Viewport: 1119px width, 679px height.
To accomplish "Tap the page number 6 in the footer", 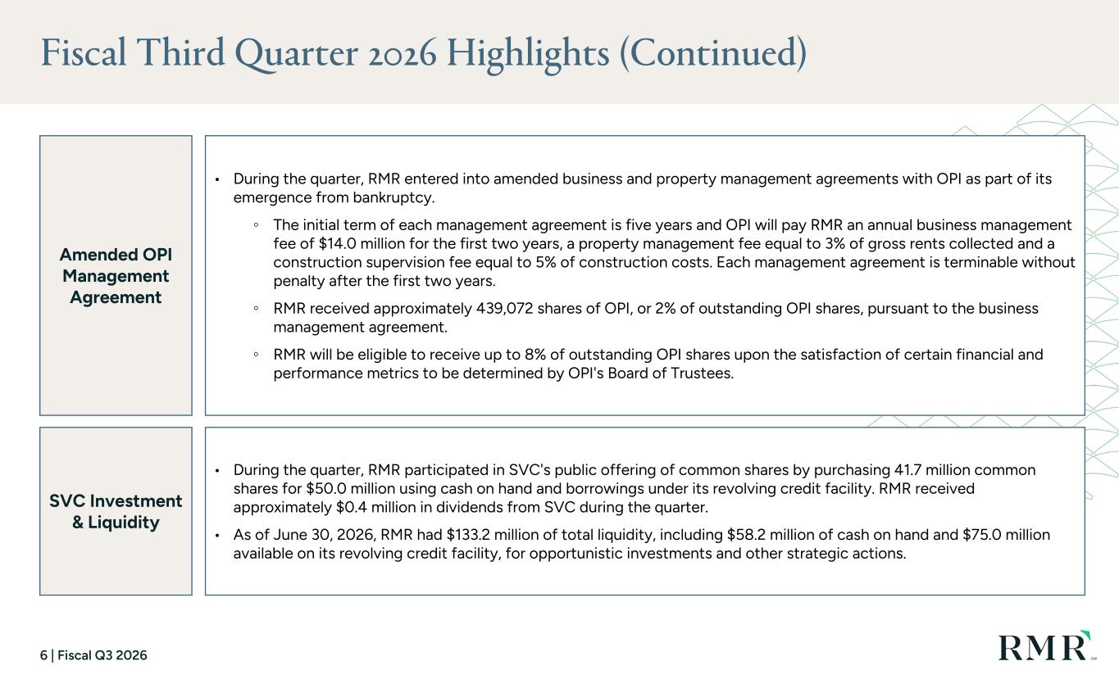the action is click(x=43, y=655).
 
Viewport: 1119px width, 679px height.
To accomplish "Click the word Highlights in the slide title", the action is click(x=528, y=54).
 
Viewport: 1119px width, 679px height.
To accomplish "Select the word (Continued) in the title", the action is click(x=713, y=53).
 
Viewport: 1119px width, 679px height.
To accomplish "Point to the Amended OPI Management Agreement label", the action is click(x=116, y=275).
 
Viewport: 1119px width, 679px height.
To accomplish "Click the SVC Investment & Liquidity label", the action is click(x=116, y=511).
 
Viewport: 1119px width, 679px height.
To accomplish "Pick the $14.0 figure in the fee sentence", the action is click(x=337, y=243).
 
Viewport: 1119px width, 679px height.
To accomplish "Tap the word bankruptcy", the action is click(x=393, y=197).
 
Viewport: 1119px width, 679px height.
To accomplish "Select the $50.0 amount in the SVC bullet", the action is click(x=325, y=488).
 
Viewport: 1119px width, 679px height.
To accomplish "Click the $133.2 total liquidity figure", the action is click(x=467, y=535).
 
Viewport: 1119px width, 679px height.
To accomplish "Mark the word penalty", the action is click(x=298, y=281).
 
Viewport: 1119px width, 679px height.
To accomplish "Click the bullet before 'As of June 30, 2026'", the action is click(x=217, y=536).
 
